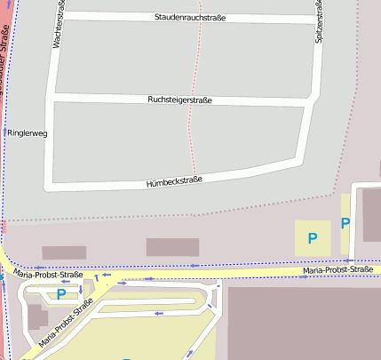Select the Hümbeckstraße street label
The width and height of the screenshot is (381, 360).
(174, 181)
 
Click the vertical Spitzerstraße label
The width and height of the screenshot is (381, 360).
(319, 23)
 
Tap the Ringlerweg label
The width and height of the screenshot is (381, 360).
(27, 132)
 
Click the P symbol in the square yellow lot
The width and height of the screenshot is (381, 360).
(312, 237)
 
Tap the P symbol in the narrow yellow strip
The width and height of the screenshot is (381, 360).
(345, 223)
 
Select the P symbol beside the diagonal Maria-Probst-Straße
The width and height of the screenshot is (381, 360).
(61, 294)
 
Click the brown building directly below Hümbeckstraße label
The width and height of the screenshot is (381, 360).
(172, 247)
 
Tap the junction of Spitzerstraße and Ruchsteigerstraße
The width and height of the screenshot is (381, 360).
(312, 106)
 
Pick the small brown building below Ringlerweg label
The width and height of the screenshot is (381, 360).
(64, 252)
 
